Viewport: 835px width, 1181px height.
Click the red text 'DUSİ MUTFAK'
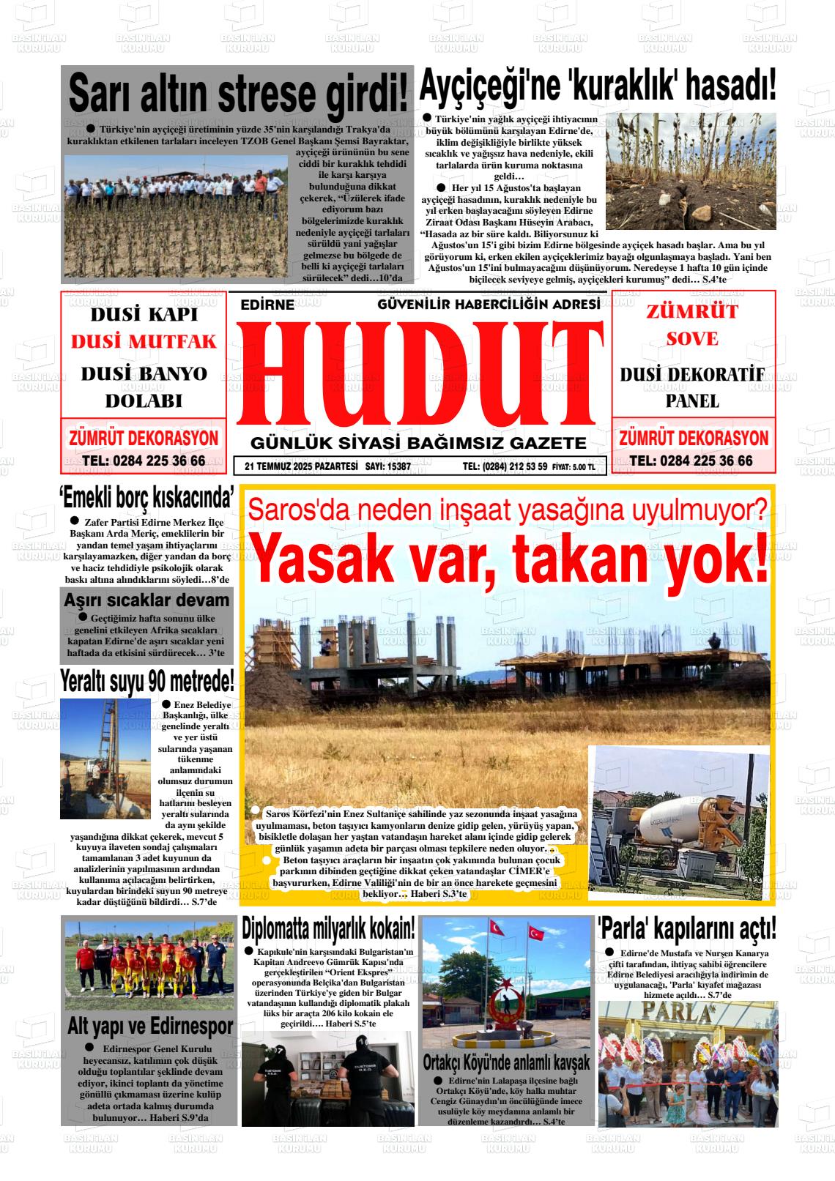[144, 341]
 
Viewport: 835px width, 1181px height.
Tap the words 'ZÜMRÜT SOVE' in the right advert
[691, 324]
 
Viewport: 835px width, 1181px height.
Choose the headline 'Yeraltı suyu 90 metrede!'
[147, 681]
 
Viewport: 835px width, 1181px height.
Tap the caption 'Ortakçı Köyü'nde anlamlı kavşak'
[506, 1062]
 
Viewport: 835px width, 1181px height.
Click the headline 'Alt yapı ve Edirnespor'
[149, 1026]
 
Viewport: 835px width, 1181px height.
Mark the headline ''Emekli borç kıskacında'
[146, 499]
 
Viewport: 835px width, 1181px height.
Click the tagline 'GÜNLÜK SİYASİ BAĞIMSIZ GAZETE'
[418, 443]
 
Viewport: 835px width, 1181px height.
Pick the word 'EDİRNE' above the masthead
[267, 305]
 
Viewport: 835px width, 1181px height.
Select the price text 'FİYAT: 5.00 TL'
[574, 466]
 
